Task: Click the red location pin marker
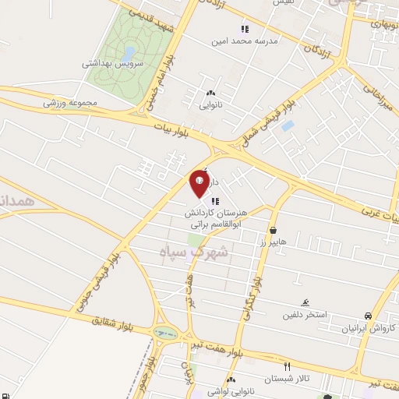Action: coord(199,185)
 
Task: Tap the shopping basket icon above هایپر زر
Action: coord(274,231)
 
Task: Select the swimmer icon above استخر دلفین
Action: coord(305,303)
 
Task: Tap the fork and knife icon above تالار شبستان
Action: coord(287,365)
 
